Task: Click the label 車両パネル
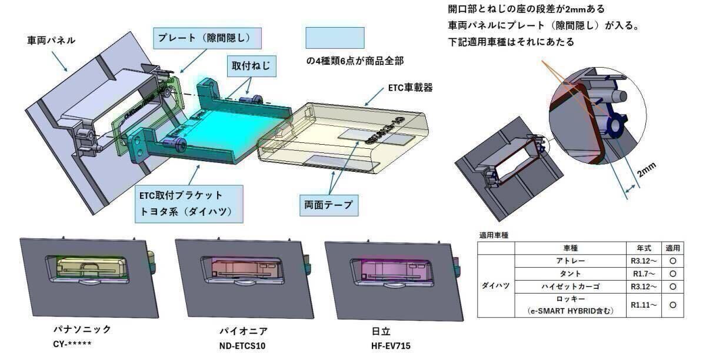click(x=52, y=41)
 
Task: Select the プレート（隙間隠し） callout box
click(x=204, y=38)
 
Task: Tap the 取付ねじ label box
click(x=251, y=66)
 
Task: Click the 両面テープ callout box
click(x=328, y=204)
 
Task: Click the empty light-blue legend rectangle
click(x=335, y=38)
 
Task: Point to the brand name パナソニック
click(x=82, y=329)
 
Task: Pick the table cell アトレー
click(x=571, y=261)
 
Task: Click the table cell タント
click(x=571, y=273)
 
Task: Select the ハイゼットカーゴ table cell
click(x=571, y=286)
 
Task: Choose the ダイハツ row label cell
click(x=495, y=286)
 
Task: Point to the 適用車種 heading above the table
click(x=494, y=235)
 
